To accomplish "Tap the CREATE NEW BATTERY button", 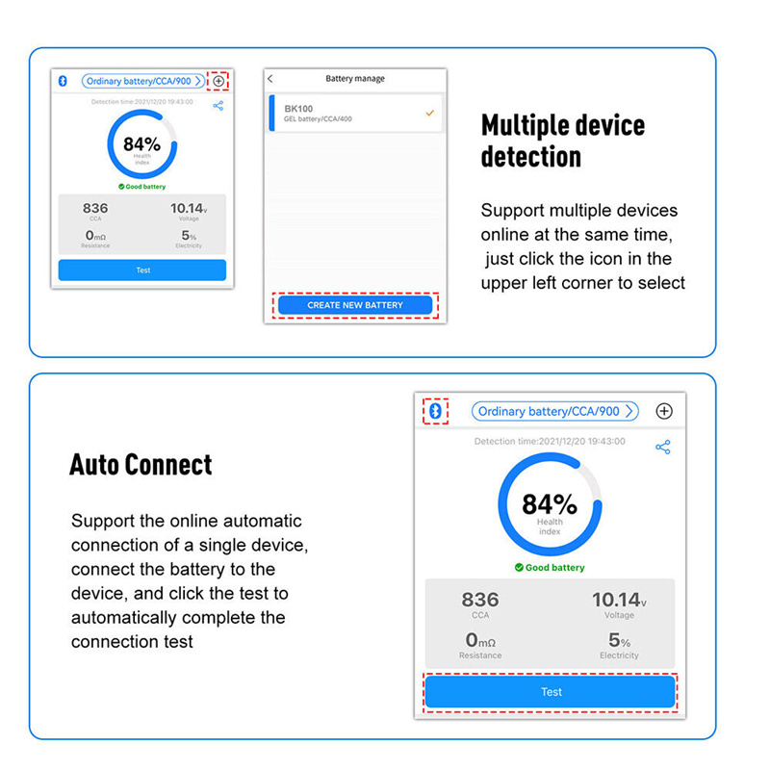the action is tap(355, 305).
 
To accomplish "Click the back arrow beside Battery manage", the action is tap(270, 79).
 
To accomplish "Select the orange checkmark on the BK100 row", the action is tap(429, 113).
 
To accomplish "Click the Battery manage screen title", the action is tap(355, 79).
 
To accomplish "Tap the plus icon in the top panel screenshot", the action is tap(218, 81).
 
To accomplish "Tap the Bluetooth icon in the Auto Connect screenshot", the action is tap(436, 411).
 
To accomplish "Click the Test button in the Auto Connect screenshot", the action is tap(550, 691).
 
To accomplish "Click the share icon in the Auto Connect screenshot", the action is tap(663, 447).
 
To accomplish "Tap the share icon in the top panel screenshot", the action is tap(218, 106).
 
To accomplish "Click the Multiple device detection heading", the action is tap(563, 141).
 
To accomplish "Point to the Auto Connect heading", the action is tap(141, 464).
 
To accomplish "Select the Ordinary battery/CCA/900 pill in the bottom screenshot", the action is tap(555, 411).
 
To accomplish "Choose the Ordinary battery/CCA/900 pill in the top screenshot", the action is tap(142, 81).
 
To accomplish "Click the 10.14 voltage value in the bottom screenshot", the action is tap(616, 600).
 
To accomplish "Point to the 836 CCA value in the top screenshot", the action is tap(95, 208).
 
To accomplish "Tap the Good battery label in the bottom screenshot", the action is tap(550, 568).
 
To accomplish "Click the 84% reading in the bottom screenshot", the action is tap(550, 504).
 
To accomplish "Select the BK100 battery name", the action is tap(298, 109).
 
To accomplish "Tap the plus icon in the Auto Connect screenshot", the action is tap(664, 411).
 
